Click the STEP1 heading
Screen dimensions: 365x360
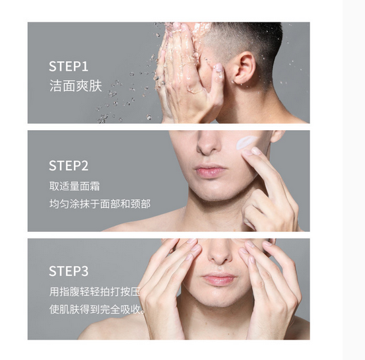point(69,67)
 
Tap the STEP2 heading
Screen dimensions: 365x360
point(69,166)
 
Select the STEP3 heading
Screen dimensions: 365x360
point(69,271)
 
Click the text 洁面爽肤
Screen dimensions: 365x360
point(76,86)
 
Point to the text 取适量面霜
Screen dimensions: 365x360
point(75,186)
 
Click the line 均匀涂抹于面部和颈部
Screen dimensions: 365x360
point(100,204)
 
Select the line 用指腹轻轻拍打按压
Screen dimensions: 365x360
point(95,292)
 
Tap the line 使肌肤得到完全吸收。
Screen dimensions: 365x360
point(97,309)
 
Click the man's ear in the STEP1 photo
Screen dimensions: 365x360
point(244,68)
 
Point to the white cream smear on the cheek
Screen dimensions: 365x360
point(246,142)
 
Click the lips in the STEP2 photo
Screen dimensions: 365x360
point(209,170)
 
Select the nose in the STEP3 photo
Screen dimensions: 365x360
point(220,253)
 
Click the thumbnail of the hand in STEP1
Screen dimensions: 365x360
point(218,68)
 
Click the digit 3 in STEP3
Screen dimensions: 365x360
point(84,271)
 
